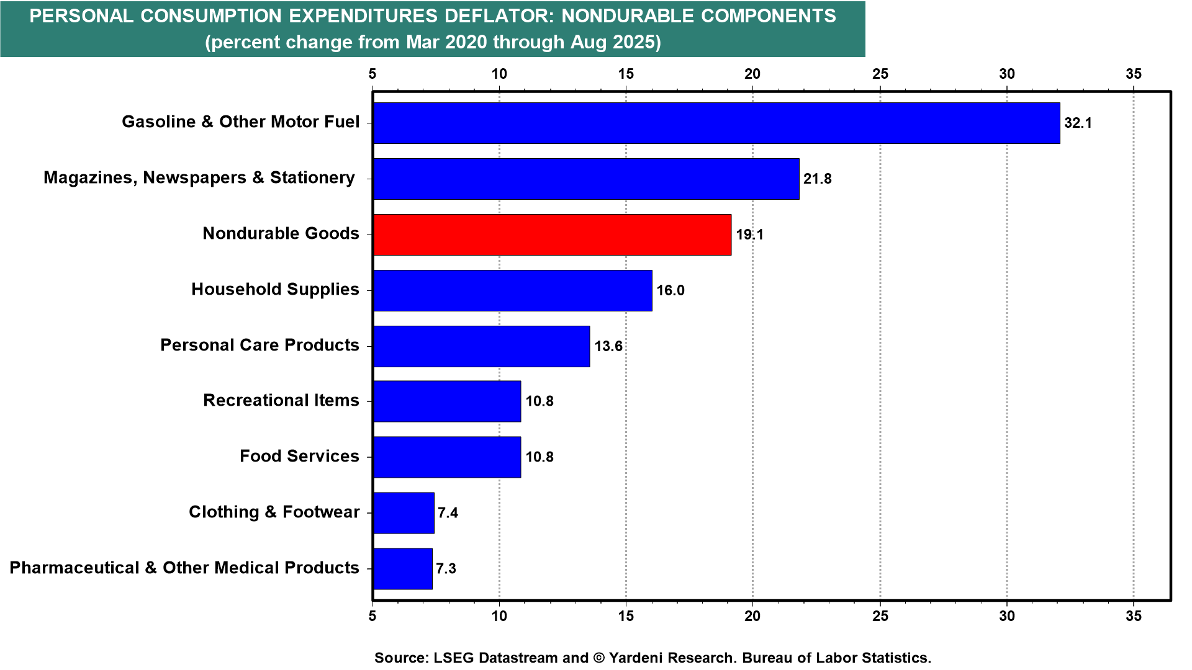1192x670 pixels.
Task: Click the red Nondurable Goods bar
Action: point(552,234)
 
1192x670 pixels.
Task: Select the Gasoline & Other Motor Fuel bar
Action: point(716,123)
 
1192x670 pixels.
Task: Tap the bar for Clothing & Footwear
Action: point(404,512)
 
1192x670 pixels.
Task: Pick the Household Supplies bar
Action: point(513,290)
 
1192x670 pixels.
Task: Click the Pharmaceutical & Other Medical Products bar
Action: point(403,568)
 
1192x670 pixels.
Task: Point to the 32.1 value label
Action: point(1078,123)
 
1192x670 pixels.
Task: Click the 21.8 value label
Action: point(817,179)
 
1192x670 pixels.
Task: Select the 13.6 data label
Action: point(608,346)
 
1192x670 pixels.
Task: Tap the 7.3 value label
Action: point(446,568)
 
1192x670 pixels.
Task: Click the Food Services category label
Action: point(299,456)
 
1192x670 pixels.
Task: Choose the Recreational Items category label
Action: point(281,400)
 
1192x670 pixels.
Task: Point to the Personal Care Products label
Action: point(260,345)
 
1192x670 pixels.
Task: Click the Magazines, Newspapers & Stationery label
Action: point(199,177)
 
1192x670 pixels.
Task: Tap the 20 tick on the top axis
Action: point(752,74)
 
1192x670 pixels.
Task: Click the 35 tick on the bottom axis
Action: point(1134,615)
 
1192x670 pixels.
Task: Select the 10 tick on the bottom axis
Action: point(499,615)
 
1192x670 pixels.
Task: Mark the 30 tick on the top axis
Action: point(1006,74)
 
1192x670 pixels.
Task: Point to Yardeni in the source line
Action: point(641,658)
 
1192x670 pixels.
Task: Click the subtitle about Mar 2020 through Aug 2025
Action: point(433,42)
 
